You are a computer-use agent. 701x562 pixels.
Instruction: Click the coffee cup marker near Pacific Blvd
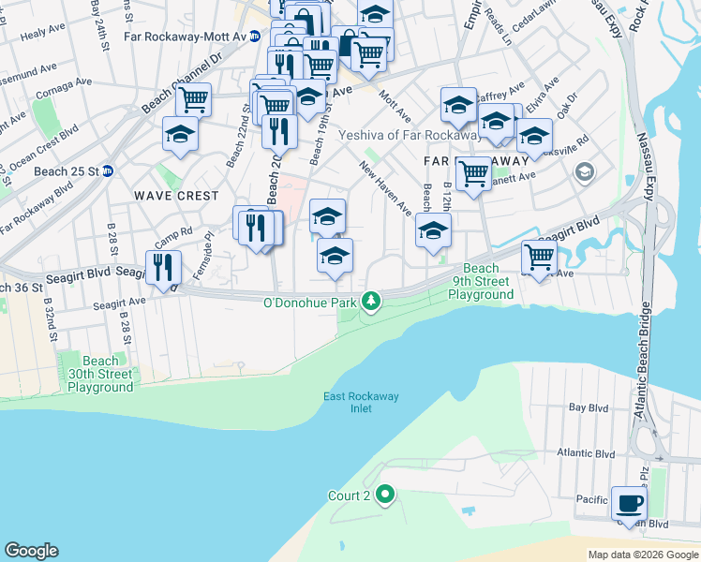[629, 503]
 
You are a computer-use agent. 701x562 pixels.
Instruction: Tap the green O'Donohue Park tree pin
[373, 302]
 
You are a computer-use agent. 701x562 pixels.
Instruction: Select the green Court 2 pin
[385, 495]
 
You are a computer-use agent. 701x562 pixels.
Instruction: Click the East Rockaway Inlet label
[361, 402]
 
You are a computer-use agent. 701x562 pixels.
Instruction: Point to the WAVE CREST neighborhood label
[176, 197]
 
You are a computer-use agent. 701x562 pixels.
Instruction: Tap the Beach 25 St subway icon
[108, 171]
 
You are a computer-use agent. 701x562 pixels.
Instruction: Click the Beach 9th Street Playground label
[481, 281]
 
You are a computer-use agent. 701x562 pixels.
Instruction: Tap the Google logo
[31, 551]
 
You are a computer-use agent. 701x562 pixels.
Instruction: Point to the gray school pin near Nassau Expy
[585, 172]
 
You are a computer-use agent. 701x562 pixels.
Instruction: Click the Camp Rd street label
[173, 231]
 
